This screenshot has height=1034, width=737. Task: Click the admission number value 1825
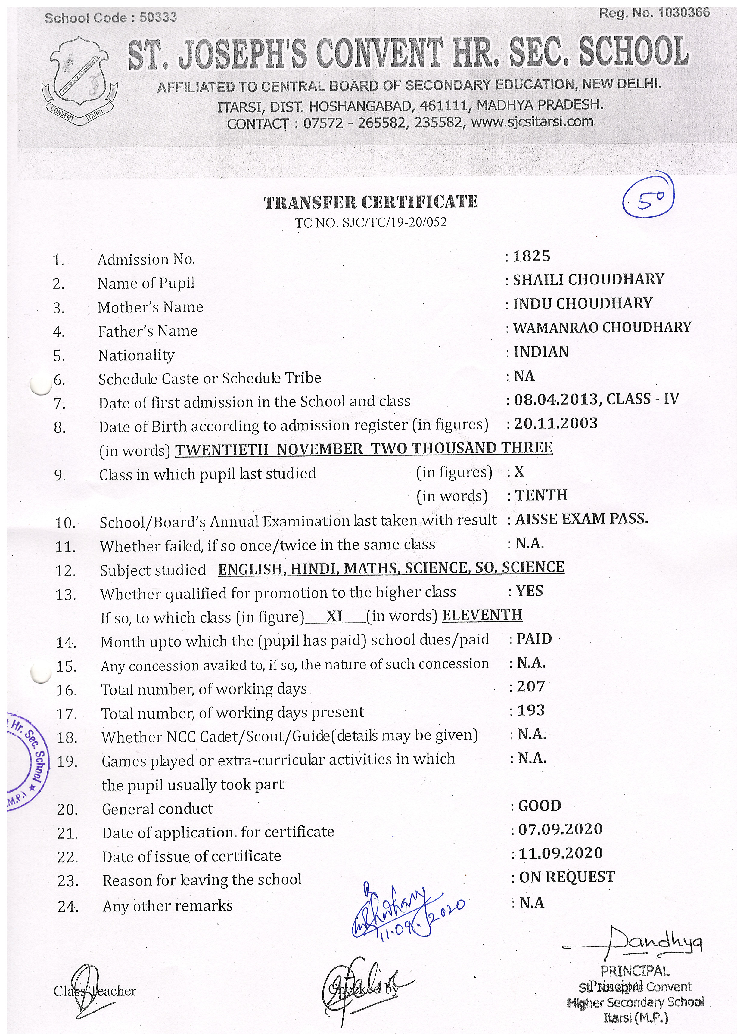[531, 256]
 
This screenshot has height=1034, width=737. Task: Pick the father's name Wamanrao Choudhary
[602, 327]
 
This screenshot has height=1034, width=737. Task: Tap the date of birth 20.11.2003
[555, 423]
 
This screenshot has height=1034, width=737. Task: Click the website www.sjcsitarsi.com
[532, 122]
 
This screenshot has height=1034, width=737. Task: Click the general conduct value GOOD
[540, 806]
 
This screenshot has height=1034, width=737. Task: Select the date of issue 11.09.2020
[561, 853]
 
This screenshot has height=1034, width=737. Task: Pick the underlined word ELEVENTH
[482, 615]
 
